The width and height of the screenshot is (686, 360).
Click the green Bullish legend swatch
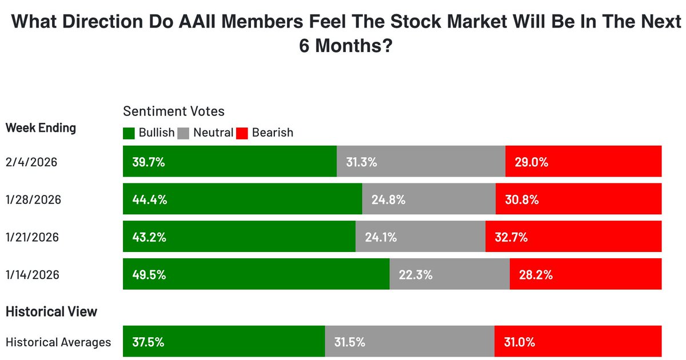(x=129, y=133)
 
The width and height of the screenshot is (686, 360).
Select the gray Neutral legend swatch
(x=184, y=133)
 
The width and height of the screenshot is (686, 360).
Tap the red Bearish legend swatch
(x=242, y=133)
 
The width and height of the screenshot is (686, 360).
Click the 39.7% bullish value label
(x=148, y=162)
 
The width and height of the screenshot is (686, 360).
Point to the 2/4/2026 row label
(x=32, y=162)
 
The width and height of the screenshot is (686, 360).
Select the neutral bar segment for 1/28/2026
(x=429, y=199)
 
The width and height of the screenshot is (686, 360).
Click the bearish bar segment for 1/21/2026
(x=573, y=237)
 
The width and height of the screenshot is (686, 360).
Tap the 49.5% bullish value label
(x=149, y=274)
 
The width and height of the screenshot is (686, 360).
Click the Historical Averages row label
(x=58, y=342)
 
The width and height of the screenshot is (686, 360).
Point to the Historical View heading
(x=51, y=311)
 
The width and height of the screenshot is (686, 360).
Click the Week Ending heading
(x=41, y=127)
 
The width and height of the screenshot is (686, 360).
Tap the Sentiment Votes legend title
(x=174, y=111)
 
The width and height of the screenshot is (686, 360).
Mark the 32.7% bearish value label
(x=511, y=237)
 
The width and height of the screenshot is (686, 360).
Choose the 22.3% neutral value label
(x=415, y=274)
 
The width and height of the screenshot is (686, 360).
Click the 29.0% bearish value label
(x=531, y=162)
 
